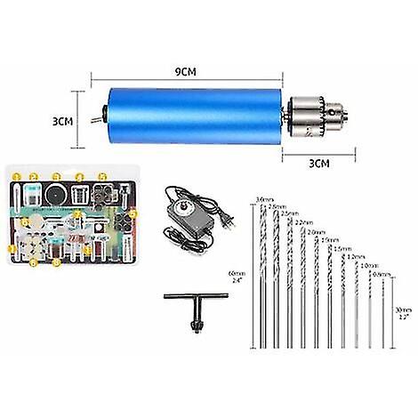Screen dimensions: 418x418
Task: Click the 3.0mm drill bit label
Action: [x=262, y=198]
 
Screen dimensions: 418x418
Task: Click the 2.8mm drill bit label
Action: [x=275, y=205]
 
